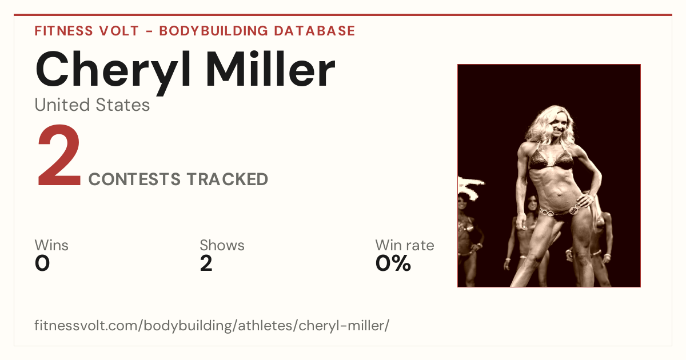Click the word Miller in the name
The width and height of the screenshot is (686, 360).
coord(271,69)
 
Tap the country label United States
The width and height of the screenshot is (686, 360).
coord(92,105)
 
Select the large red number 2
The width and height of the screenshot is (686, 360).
coord(59,155)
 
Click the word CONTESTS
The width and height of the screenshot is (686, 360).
coord(134,179)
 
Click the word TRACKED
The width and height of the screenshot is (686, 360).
coord(228,179)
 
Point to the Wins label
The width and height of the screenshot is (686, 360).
coord(51,245)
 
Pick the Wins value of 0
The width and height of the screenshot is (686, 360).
coord(42,263)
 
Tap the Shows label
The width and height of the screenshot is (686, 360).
coord(222,245)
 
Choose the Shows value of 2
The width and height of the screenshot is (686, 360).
coord(206,263)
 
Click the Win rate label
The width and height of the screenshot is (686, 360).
coord(405,245)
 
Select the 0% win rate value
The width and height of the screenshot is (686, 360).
coord(393,263)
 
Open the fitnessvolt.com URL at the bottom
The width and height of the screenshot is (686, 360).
coord(212,325)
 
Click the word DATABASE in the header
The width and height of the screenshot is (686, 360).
coord(314,31)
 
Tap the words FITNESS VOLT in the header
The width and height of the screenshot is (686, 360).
coord(87,31)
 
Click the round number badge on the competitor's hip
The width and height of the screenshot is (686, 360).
coord(573,210)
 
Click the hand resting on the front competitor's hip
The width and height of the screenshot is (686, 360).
coord(584,201)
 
